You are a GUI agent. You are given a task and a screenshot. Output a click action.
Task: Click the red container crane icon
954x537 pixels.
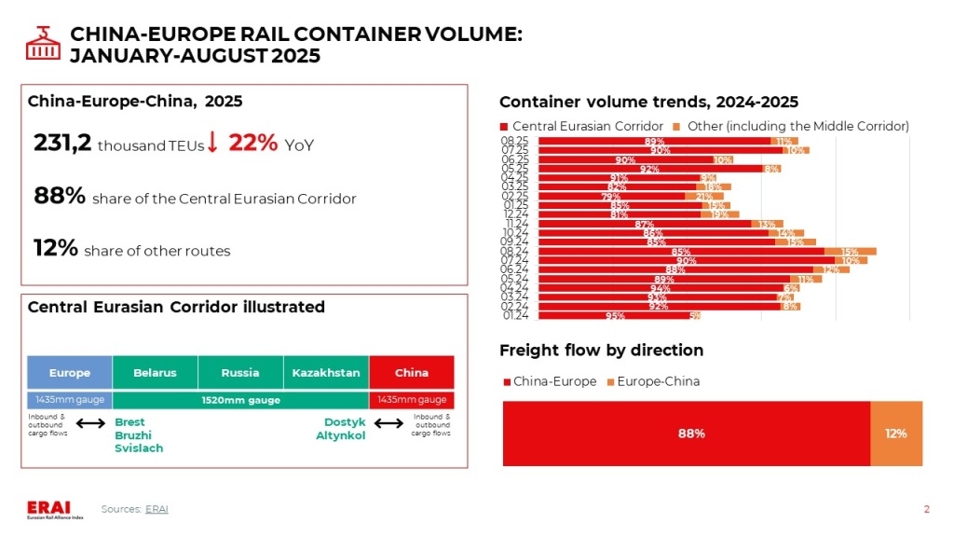(40, 42)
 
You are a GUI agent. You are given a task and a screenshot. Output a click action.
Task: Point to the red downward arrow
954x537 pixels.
(212, 143)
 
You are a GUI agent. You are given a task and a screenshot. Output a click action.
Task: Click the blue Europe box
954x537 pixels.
(70, 373)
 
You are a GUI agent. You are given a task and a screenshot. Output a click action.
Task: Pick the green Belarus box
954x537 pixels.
(155, 373)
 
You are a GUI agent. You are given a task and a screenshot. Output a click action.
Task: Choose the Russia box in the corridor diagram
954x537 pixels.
(240, 373)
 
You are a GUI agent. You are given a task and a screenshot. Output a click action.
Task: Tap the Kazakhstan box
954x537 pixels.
(326, 373)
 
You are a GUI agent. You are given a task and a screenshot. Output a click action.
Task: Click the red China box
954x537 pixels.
(412, 373)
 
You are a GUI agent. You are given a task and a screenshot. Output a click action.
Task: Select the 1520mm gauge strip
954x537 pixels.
(240, 400)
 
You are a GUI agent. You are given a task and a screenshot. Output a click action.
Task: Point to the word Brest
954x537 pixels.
(129, 422)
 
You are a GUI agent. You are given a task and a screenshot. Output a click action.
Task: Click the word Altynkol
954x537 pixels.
(340, 435)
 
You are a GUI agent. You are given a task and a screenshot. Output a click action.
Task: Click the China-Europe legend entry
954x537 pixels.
(550, 381)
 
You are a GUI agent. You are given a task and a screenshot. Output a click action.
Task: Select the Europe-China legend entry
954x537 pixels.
(653, 381)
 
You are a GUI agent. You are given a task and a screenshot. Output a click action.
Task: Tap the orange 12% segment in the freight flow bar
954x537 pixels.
(896, 434)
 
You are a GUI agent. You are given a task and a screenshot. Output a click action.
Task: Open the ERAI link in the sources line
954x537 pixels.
(157, 508)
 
